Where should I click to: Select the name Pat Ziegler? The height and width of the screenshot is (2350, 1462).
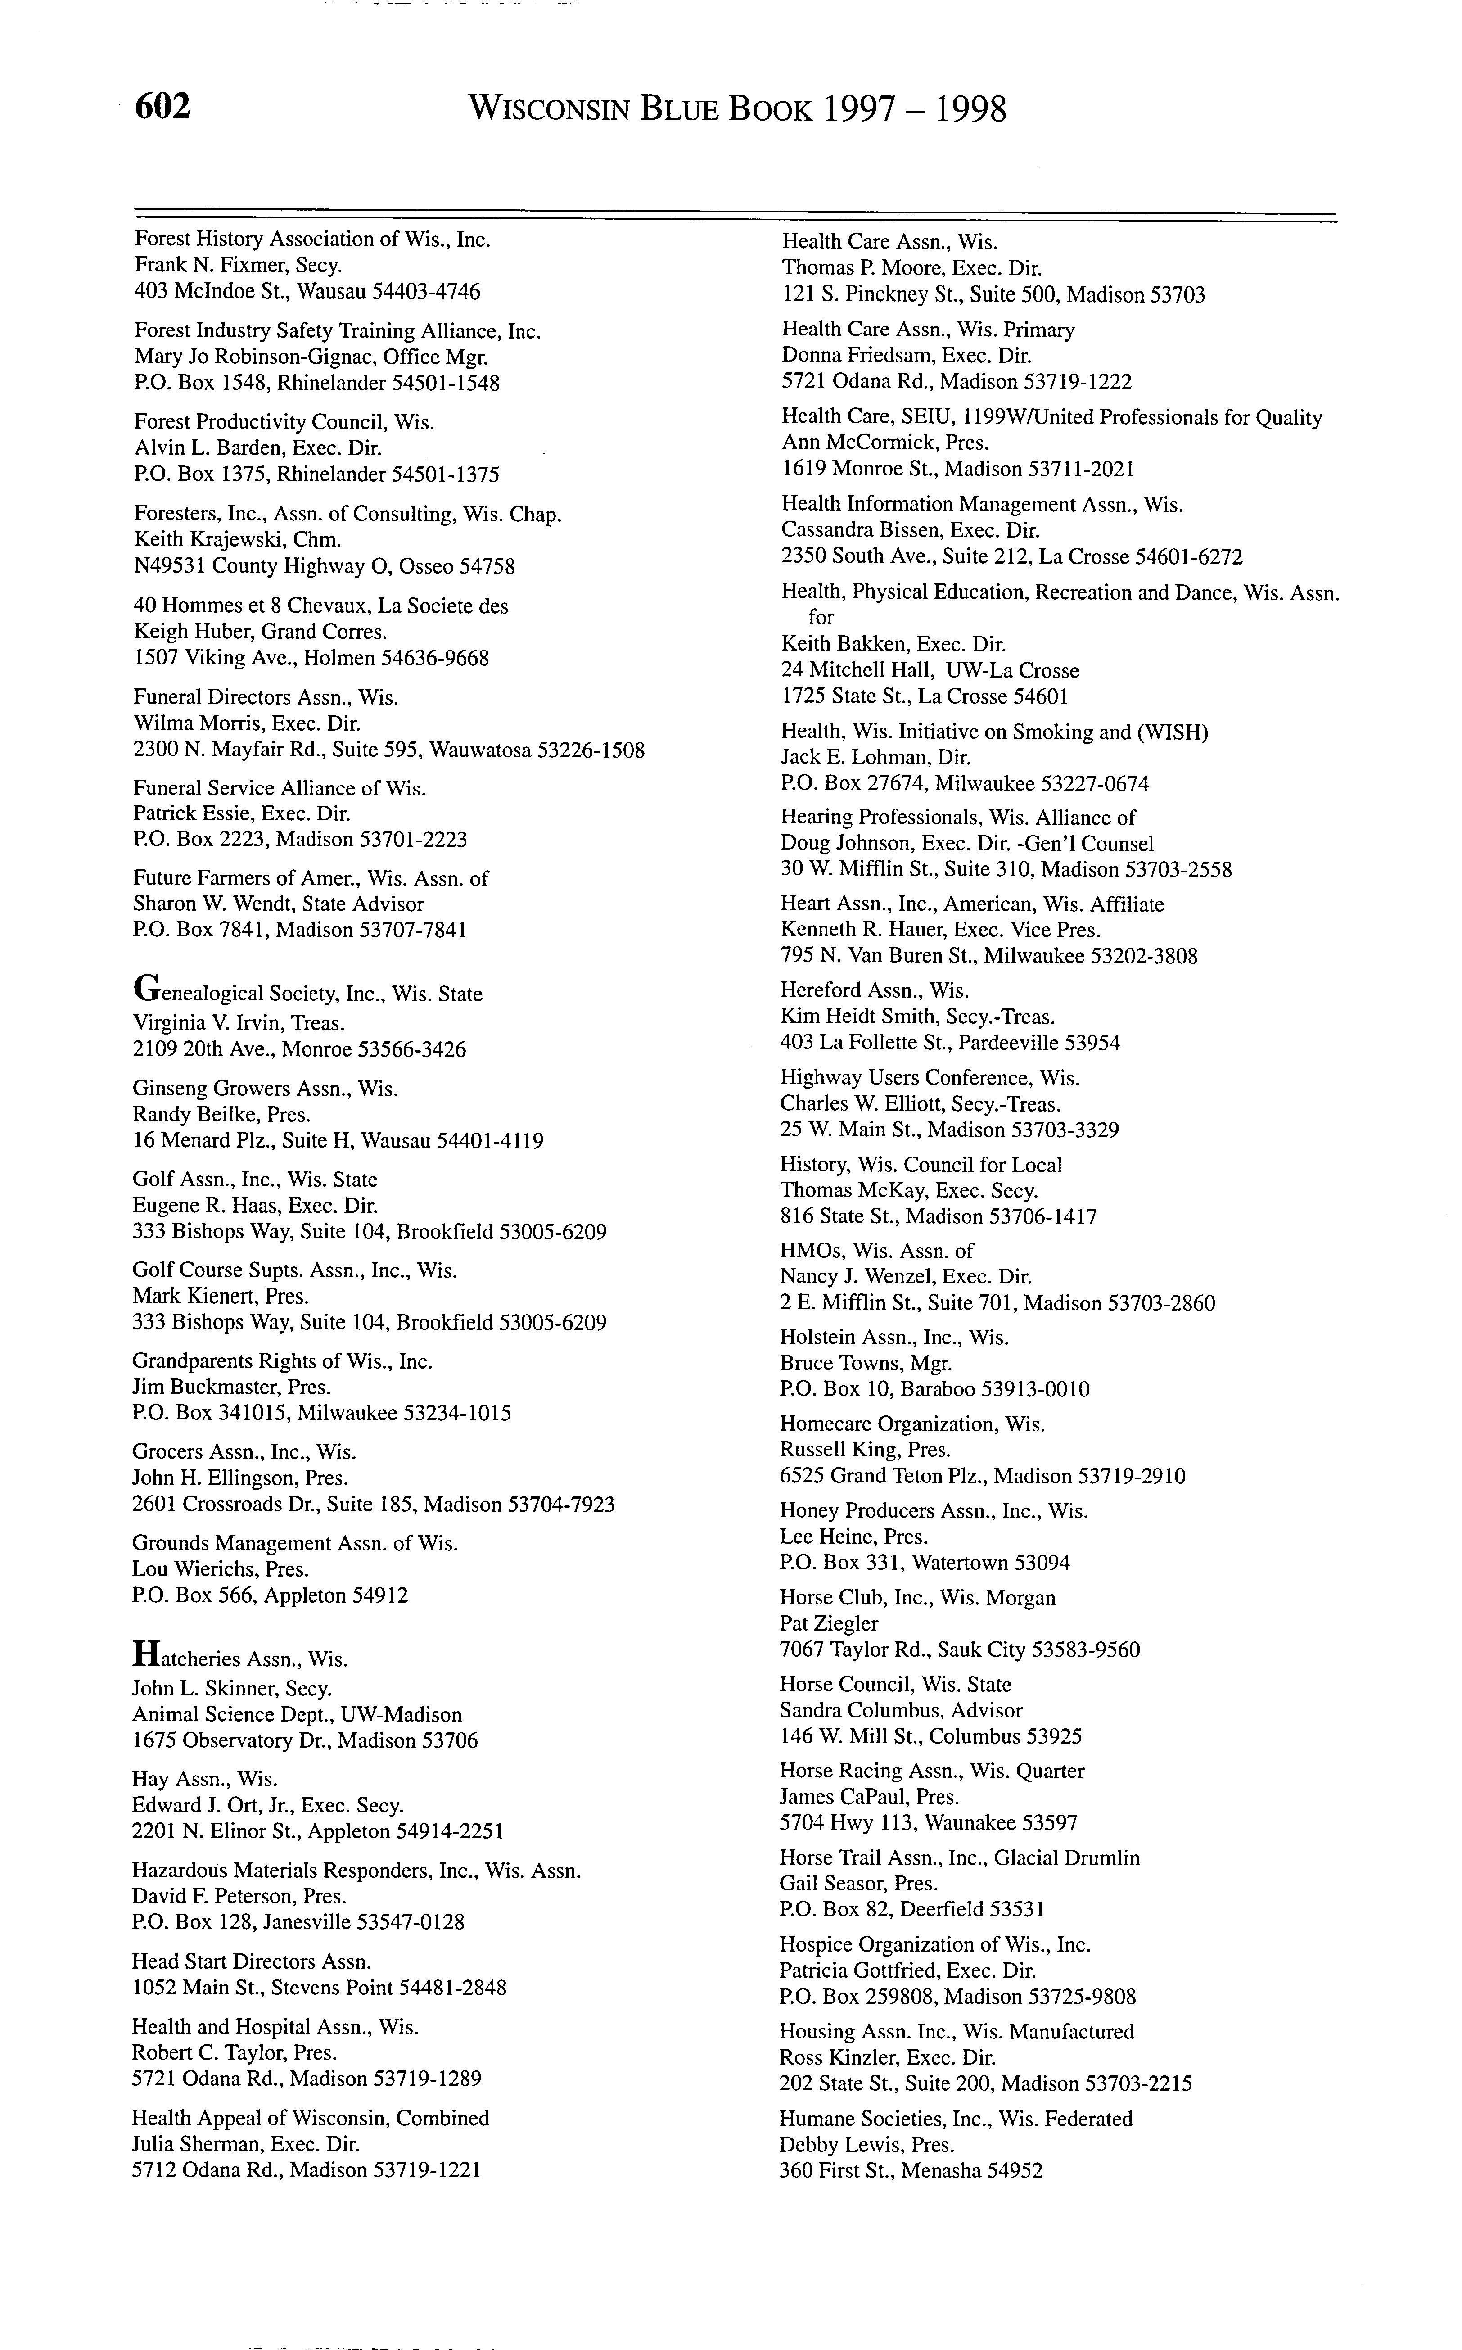[829, 1624]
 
